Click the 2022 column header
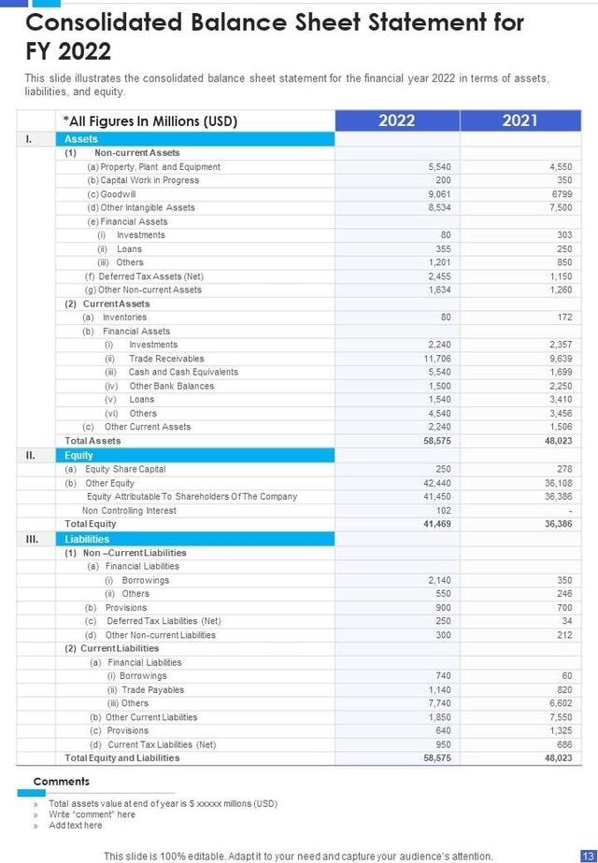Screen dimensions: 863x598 396,120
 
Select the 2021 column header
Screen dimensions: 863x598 520,120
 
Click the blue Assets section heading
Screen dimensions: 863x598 81,139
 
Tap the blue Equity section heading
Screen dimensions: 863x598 79,456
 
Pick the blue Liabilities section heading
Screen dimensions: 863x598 87,539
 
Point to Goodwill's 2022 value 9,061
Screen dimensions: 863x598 439,194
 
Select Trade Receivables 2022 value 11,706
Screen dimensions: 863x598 437,359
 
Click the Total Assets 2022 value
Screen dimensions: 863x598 437,441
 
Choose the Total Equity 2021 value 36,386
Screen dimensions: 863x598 557,524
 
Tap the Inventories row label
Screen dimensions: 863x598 124,318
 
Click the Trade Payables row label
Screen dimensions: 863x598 152,690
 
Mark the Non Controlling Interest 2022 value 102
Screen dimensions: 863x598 443,511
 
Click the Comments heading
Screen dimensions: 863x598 62,782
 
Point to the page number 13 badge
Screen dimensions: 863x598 588,856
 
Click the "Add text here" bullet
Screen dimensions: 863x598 76,826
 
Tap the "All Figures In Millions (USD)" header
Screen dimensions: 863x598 149,120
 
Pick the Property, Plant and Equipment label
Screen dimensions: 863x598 153,166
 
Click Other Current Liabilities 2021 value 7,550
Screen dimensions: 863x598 559,717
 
